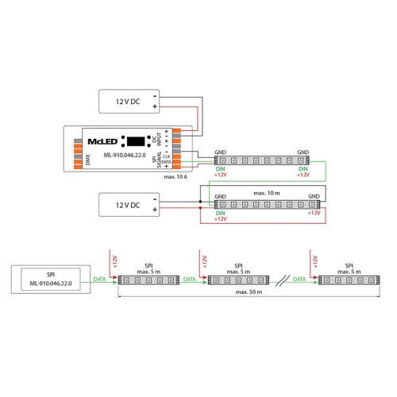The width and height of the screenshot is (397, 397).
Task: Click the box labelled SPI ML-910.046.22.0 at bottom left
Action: coord(49,279)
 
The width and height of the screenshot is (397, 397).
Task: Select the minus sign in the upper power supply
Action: coord(154,94)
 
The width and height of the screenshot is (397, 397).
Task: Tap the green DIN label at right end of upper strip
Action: coord(302,169)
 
